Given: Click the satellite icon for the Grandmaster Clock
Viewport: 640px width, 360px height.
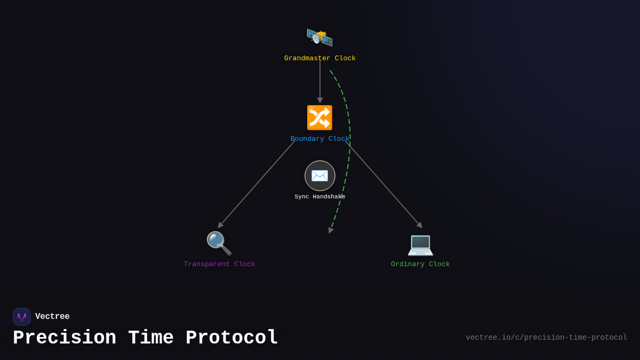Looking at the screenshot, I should tap(319, 37).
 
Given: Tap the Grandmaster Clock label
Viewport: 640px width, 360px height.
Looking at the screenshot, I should tap(319, 58).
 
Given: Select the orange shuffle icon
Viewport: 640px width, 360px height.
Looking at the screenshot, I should tap(319, 117).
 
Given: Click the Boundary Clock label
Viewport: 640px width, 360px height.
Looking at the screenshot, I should tap(319, 139).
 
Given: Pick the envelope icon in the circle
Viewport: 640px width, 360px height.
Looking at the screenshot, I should tap(319, 175).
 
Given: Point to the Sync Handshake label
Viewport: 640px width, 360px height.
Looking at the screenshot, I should tap(319, 197).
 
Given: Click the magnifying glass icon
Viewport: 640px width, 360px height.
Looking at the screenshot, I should tap(219, 243).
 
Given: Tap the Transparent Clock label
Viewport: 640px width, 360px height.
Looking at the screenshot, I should tap(219, 264).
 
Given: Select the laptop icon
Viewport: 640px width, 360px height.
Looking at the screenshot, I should tap(420, 244).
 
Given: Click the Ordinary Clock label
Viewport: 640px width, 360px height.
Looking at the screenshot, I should tap(420, 264).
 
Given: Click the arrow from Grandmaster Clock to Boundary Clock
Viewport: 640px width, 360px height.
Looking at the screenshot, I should tap(320, 80).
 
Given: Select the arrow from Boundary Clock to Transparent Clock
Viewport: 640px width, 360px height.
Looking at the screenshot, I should tap(256, 185).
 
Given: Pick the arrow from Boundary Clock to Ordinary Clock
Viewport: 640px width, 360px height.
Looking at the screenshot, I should tap(384, 185).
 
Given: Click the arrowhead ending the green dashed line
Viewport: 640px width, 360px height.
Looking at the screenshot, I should tap(331, 230).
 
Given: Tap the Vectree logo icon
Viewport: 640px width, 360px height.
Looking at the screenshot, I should tap(22, 317).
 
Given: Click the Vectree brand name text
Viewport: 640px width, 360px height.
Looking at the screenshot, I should tap(52, 317).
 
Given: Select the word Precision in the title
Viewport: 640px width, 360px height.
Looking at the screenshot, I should tap(65, 338).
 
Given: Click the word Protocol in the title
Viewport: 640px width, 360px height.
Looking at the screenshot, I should tap(232, 338).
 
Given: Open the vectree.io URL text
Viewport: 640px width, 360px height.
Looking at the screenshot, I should tap(546, 338).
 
